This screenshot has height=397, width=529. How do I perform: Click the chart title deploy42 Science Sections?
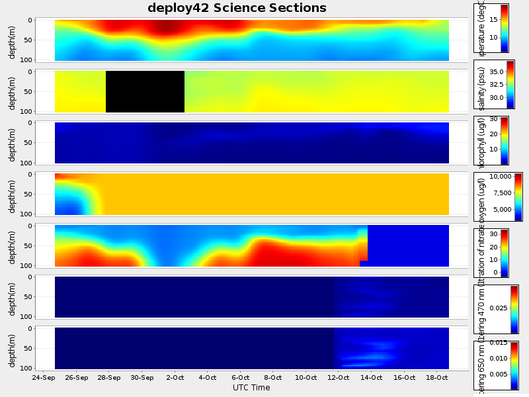click(237, 8)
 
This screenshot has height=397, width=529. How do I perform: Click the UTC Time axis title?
click(251, 388)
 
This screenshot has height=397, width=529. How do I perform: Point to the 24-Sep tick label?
click(43, 378)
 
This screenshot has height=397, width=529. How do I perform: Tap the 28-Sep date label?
click(109, 378)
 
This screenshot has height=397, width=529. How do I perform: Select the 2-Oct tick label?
click(175, 378)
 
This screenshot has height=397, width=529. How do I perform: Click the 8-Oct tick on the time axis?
click(273, 378)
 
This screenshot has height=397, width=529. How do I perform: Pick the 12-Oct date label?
click(339, 378)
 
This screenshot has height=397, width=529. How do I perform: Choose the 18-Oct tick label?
click(437, 378)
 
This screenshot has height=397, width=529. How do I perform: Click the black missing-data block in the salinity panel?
click(145, 91)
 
